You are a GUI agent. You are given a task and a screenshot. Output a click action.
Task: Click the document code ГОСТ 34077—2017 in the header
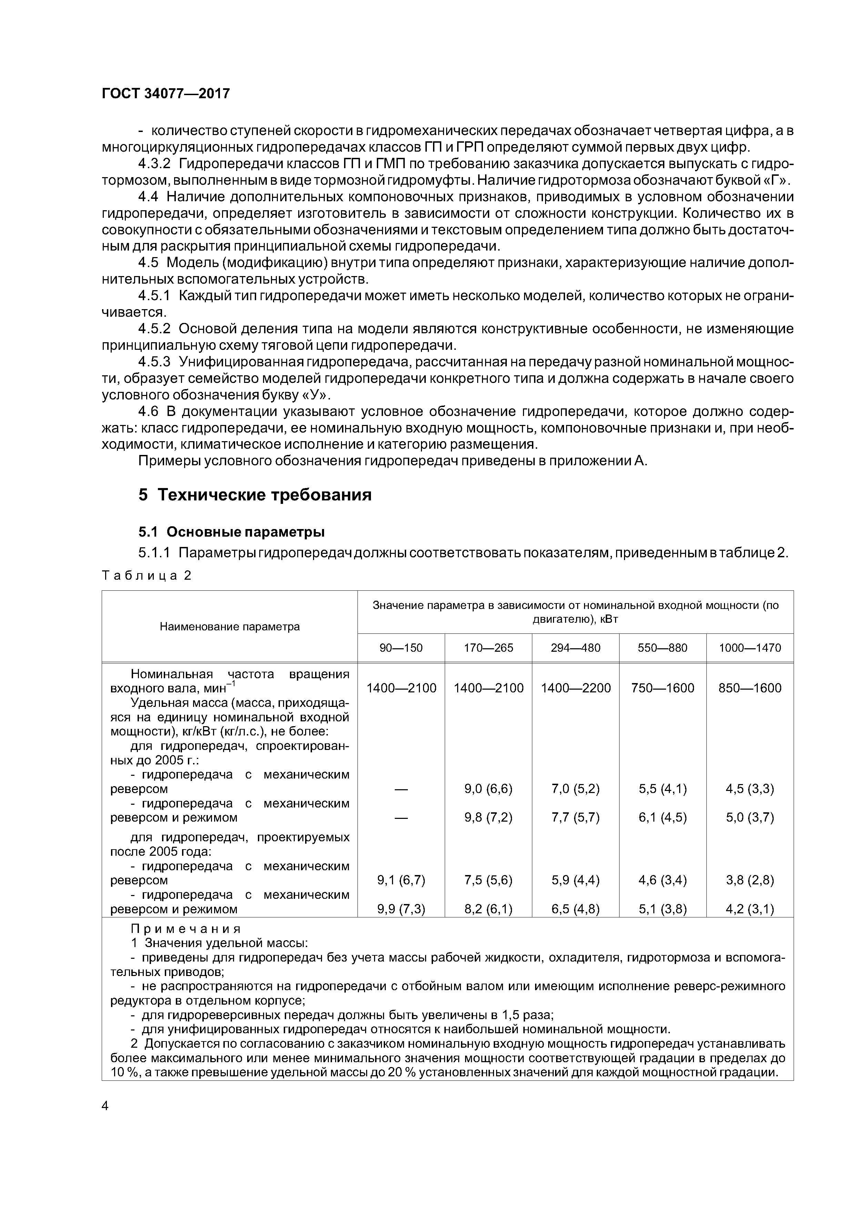[165, 94]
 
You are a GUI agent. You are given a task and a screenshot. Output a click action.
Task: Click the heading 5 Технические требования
[255, 495]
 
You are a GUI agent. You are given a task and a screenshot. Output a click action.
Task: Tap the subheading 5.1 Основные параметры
[231, 532]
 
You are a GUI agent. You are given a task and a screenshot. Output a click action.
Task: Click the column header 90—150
[401, 648]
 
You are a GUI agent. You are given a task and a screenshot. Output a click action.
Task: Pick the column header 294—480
[575, 648]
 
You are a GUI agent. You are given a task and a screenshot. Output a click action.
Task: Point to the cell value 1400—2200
[575, 688]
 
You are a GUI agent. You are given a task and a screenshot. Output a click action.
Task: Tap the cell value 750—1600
[662, 688]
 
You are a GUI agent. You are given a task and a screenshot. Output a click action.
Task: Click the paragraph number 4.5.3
[154, 362]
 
